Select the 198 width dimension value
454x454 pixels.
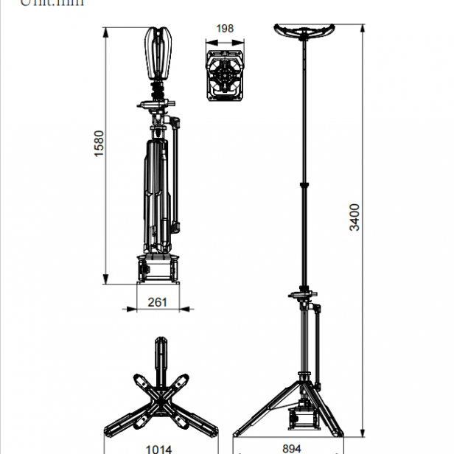pos(226,29)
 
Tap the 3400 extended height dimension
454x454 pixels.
pos(355,217)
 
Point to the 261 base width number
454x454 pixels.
pos(158,302)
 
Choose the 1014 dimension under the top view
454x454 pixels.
pos(158,447)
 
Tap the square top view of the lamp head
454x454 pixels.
pos(226,76)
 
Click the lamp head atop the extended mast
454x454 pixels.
pos(303,32)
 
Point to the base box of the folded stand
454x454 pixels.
pos(158,268)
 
